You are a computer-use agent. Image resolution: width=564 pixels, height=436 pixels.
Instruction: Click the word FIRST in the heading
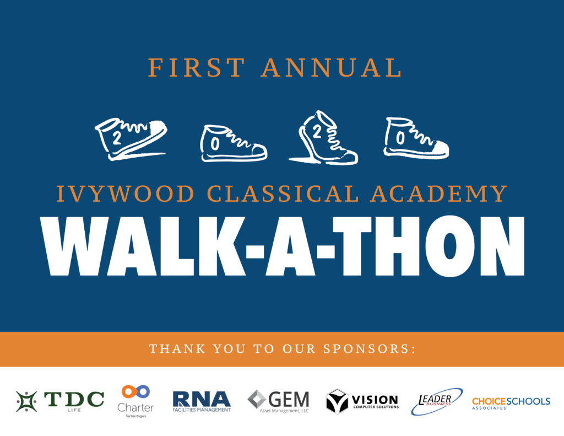197,67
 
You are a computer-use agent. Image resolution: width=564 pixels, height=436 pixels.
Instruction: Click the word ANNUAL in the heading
332,67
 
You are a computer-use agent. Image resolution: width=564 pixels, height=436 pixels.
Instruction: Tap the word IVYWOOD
126,193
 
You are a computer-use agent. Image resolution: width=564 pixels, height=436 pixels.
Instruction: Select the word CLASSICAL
283,193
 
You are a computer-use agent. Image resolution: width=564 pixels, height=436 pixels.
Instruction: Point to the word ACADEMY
439,193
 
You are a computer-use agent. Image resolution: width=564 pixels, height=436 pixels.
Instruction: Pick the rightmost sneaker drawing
416,138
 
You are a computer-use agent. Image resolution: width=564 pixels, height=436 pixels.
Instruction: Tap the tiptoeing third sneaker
324,138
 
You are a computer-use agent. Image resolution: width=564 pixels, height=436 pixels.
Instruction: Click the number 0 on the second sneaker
215,144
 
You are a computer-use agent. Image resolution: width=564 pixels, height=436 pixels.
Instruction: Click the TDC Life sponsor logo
60,401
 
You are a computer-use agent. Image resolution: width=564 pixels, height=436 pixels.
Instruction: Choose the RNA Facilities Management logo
202,401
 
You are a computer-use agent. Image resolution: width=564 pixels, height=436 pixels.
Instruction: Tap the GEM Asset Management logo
278,401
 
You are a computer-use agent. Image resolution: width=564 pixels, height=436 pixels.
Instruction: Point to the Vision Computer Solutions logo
362,401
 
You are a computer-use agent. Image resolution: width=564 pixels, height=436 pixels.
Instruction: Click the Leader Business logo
437,401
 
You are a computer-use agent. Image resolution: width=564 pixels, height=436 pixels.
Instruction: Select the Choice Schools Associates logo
511,403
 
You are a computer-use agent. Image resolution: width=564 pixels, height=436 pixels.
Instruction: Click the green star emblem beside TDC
26,401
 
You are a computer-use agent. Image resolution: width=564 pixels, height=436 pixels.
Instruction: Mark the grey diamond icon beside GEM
257,399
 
